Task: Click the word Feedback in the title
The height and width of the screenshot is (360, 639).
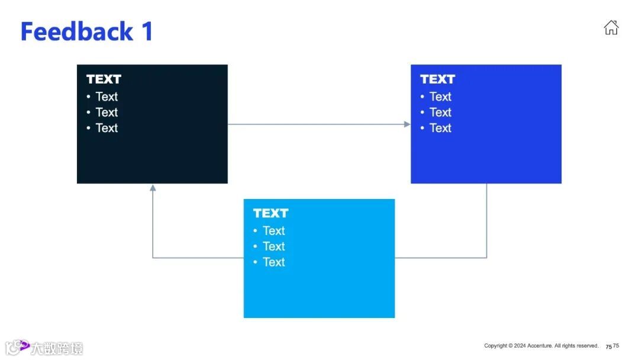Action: pyautogui.click(x=77, y=31)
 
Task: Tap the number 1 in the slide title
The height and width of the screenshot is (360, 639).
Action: pyautogui.click(x=147, y=31)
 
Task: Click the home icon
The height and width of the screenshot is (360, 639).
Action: pyautogui.click(x=611, y=28)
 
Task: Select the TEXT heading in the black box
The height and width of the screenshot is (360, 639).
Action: pyautogui.click(x=104, y=79)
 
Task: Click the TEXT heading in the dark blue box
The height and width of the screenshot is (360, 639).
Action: pyautogui.click(x=437, y=79)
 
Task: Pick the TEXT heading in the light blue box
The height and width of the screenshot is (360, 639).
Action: pyautogui.click(x=270, y=213)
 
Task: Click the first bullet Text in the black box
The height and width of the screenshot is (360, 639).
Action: pyautogui.click(x=106, y=97)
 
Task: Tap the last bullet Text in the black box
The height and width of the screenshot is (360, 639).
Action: pyautogui.click(x=106, y=128)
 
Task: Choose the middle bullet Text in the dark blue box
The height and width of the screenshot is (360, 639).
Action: pyautogui.click(x=440, y=112)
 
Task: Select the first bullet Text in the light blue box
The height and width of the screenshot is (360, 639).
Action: pyautogui.click(x=274, y=231)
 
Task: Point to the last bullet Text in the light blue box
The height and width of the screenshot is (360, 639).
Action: pyautogui.click(x=274, y=262)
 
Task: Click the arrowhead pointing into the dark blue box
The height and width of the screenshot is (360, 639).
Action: pyautogui.click(x=407, y=124)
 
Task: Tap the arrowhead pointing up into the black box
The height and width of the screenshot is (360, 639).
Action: pyautogui.click(x=153, y=188)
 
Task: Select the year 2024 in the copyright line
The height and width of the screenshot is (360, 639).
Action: pyautogui.click(x=520, y=346)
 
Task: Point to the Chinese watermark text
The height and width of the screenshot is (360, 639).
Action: pyautogui.click(x=57, y=348)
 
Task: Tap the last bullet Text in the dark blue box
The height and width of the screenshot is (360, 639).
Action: pyautogui.click(x=440, y=128)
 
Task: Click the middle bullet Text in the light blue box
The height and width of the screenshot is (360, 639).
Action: pyautogui.click(x=274, y=246)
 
